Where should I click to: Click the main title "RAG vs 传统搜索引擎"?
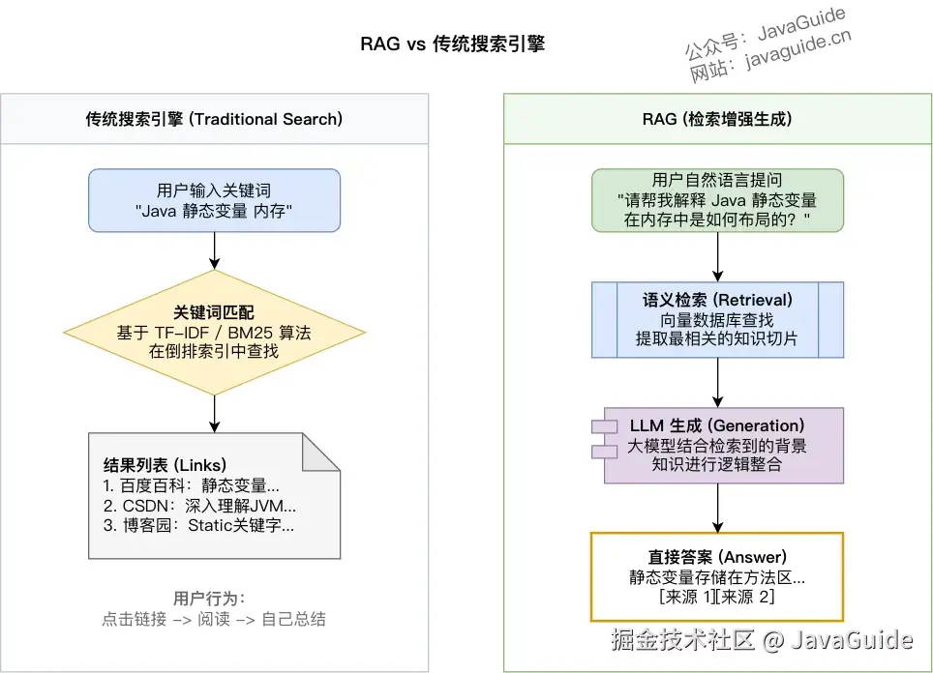(x=453, y=44)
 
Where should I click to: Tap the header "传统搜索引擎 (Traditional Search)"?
(x=214, y=120)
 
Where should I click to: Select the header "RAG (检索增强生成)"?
(x=717, y=120)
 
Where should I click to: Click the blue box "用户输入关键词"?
(x=214, y=200)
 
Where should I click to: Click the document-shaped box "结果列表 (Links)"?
(x=214, y=495)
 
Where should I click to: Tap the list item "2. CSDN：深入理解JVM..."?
(x=199, y=506)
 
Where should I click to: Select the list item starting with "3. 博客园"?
(x=198, y=526)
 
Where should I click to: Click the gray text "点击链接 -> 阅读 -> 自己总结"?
(x=214, y=619)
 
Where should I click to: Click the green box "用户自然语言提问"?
(x=717, y=200)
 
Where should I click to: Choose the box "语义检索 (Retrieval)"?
(x=717, y=319)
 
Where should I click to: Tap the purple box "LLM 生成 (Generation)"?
(x=717, y=445)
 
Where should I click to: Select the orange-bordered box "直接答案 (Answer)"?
(x=717, y=576)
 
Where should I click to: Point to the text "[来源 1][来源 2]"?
(x=717, y=598)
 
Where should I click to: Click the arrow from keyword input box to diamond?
(x=214, y=249)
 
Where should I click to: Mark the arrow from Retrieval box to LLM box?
(x=717, y=382)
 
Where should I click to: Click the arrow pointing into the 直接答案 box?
(x=717, y=508)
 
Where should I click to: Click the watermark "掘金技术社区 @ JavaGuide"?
(x=761, y=639)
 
